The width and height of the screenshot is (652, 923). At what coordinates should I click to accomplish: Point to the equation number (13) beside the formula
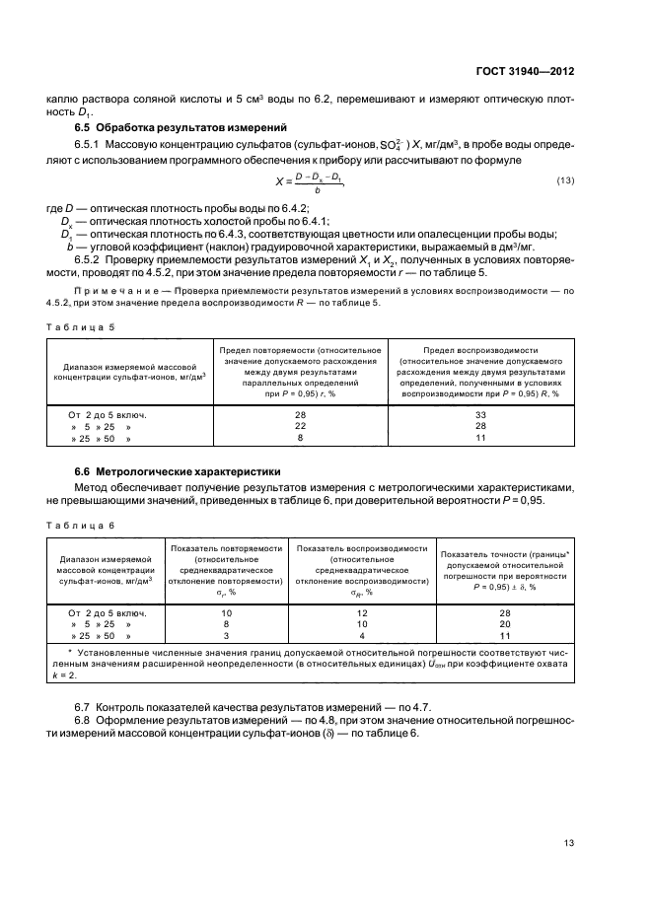(x=565, y=179)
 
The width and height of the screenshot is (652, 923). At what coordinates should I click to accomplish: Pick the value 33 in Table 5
(x=480, y=415)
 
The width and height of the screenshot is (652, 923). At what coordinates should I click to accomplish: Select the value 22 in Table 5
(x=301, y=426)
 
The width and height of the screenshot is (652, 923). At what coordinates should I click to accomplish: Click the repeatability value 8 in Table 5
(x=301, y=437)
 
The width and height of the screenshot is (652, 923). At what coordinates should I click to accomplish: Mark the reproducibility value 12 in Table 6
(x=361, y=613)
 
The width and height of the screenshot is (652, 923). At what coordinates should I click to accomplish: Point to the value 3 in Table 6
(x=227, y=636)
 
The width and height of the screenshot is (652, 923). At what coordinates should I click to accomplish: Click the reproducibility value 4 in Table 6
(x=361, y=636)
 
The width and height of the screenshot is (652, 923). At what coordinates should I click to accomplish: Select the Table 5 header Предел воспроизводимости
(x=480, y=350)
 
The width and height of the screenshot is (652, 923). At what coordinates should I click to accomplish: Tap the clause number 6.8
(x=84, y=723)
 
